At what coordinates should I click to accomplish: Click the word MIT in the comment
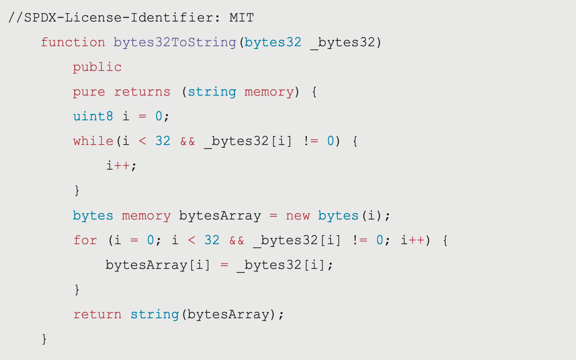click(x=241, y=18)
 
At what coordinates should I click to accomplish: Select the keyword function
click(x=73, y=42)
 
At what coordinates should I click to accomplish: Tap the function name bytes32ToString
click(x=175, y=43)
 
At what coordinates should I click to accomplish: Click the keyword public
click(x=97, y=67)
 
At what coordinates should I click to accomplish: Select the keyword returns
click(x=142, y=92)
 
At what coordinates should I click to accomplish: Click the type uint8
click(x=93, y=116)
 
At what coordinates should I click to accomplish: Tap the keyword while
click(x=93, y=141)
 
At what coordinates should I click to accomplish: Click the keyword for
click(x=85, y=240)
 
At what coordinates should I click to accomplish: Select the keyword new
click(x=298, y=215)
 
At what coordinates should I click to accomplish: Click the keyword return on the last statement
click(x=97, y=315)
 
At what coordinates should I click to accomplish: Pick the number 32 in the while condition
click(x=163, y=141)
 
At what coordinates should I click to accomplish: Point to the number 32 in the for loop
click(x=212, y=240)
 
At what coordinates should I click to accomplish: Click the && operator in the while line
click(x=188, y=141)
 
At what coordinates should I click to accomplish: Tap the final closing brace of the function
click(x=44, y=339)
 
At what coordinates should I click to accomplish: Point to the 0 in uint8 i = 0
click(x=159, y=116)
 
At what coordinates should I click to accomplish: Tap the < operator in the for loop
click(x=191, y=240)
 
